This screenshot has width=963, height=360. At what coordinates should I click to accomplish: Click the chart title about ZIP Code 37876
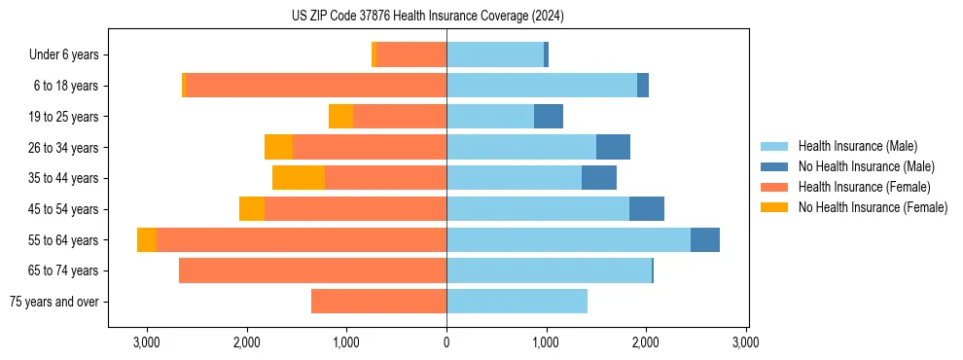(x=427, y=17)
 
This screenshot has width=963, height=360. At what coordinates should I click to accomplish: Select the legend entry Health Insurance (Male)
(x=856, y=147)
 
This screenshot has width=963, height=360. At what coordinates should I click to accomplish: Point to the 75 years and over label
(x=53, y=302)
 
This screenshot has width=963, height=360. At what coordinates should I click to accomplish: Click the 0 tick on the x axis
(x=446, y=343)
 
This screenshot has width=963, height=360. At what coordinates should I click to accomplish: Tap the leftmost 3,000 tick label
(x=147, y=343)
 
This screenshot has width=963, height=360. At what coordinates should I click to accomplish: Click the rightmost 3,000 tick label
(x=746, y=343)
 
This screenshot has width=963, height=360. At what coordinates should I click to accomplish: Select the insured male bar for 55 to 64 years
(x=568, y=239)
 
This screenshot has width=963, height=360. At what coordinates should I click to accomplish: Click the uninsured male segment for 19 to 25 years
(x=549, y=117)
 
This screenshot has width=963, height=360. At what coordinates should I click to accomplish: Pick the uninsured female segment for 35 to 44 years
(x=299, y=178)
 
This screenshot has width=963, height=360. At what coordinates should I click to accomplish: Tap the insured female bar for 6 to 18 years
(x=315, y=86)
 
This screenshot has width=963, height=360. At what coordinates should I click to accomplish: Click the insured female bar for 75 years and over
(x=379, y=302)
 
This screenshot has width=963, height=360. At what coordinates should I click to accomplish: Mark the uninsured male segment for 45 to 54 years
(x=647, y=209)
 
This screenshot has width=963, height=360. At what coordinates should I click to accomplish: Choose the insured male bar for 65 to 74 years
(x=549, y=270)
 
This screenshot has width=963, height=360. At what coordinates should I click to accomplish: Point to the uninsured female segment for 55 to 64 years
(x=147, y=239)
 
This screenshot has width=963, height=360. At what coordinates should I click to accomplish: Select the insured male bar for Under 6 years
(x=495, y=55)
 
